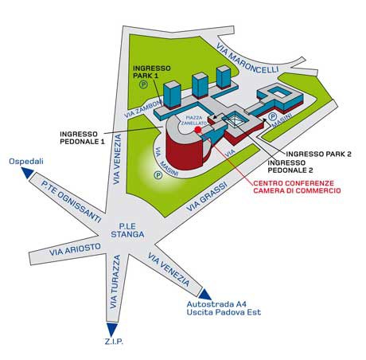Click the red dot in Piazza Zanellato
[197, 129]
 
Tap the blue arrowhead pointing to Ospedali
[27, 173]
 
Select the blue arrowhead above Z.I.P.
[111, 329]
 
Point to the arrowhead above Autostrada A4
[204, 294]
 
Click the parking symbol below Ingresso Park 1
[144, 84]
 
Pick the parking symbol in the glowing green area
[158, 175]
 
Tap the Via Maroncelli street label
[247, 58]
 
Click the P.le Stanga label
[127, 230]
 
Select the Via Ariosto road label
[75, 249]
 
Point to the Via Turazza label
[115, 282]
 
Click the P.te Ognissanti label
[71, 202]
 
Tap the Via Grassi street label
[207, 197]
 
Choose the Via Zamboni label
[143, 109]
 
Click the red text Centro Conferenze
[294, 183]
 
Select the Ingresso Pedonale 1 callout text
[82, 138]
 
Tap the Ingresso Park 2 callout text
[319, 154]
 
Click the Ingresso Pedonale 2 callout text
[290, 166]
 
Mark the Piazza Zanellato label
[194, 120]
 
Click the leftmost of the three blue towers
[172, 95]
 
